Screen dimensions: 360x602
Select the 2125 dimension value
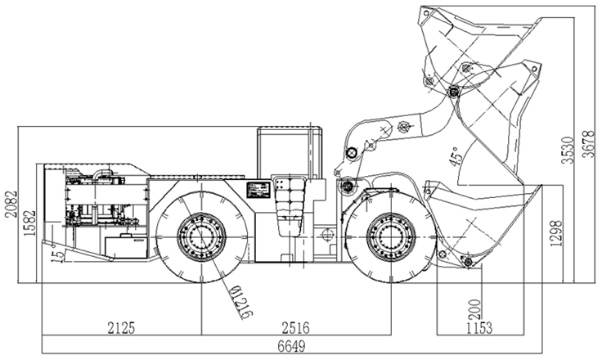[120, 328]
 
